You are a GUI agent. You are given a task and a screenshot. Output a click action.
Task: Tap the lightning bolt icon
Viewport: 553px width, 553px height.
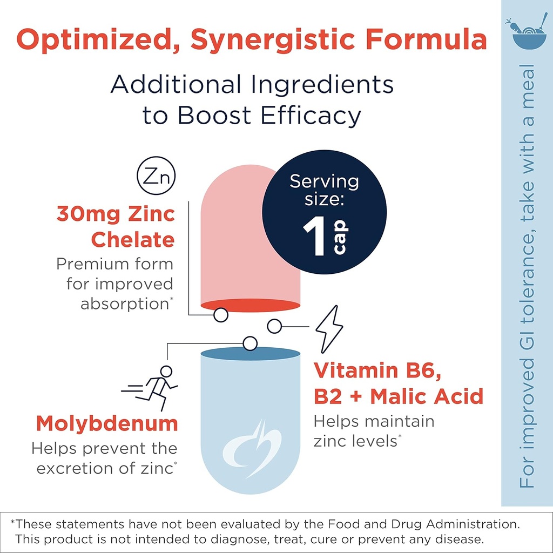pos(328,329)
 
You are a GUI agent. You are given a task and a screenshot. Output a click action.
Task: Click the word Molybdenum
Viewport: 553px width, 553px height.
pos(107,423)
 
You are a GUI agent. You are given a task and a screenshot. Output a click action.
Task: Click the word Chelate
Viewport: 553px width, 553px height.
pos(132,240)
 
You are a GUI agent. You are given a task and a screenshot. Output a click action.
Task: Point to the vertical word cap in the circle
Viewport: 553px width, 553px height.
pos(340,240)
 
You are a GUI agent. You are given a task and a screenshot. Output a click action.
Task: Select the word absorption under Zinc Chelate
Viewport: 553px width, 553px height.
pos(125,304)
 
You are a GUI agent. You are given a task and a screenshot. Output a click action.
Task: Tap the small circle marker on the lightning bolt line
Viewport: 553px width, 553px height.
pos(274,326)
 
